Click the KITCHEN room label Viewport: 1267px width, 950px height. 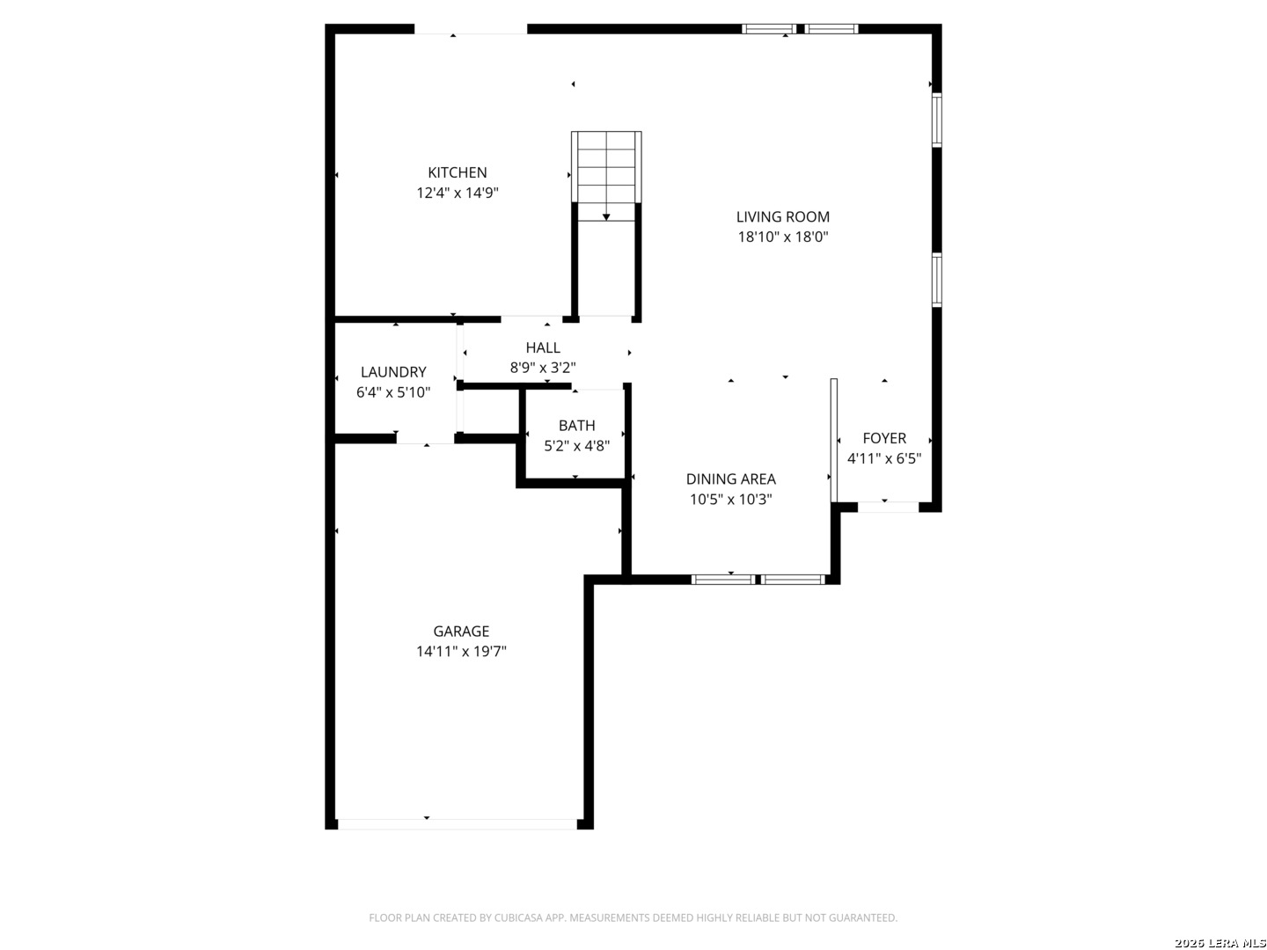(x=458, y=172)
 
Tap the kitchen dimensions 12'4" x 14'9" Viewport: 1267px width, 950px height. (x=458, y=193)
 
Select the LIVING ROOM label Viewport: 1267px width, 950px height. (x=783, y=217)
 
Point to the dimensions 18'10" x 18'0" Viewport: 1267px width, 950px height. (x=783, y=237)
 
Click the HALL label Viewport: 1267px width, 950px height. (x=543, y=347)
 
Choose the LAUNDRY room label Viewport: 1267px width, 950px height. (x=393, y=372)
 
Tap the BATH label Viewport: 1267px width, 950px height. (x=576, y=426)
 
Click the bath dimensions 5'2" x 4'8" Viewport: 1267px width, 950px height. (x=576, y=446)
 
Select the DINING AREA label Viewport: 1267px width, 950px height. (x=731, y=479)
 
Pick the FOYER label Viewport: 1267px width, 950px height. (x=884, y=438)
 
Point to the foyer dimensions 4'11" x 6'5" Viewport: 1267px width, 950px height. (x=884, y=458)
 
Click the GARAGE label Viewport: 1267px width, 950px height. (x=461, y=632)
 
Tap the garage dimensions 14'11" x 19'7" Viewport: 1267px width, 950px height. (x=461, y=652)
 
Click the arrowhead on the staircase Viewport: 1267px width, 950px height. (x=606, y=217)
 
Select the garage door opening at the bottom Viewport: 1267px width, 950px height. (x=458, y=824)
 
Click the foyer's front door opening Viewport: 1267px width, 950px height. (x=889, y=507)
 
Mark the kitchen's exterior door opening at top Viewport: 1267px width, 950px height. (x=471, y=29)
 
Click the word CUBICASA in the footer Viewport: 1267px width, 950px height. (x=517, y=917)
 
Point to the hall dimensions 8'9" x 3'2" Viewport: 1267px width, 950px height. (x=543, y=368)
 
